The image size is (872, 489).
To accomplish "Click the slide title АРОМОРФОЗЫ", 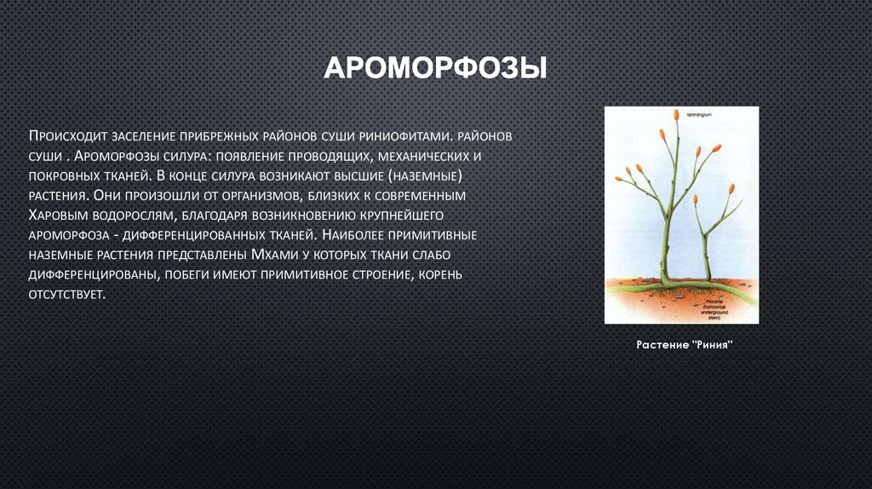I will point(435,67).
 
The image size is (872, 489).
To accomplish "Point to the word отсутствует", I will point(67,294).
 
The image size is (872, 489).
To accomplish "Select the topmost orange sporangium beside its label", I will point(675,114).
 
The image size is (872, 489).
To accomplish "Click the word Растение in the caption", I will point(663,345).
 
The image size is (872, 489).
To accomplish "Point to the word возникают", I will point(341,175).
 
